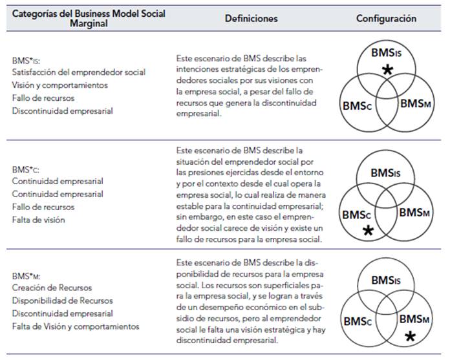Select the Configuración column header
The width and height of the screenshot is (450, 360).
click(386, 19)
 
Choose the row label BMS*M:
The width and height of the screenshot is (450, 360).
click(25, 275)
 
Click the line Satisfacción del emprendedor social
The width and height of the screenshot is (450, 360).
click(78, 72)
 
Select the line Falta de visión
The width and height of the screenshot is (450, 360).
click(38, 220)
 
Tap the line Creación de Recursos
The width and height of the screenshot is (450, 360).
click(51, 288)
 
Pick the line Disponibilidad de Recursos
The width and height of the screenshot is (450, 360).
click(62, 301)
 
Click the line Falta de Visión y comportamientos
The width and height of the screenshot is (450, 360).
click(75, 326)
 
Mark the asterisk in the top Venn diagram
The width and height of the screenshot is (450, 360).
click(387, 70)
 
